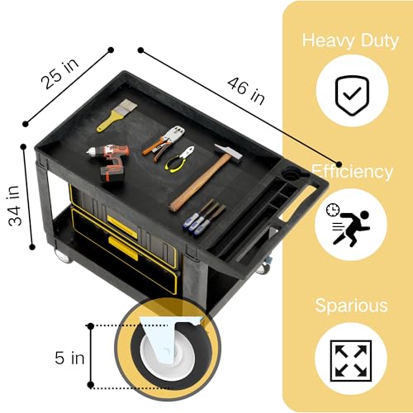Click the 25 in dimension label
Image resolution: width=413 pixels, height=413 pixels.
tap(60, 74)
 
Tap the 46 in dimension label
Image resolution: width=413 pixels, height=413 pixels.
tap(246, 91)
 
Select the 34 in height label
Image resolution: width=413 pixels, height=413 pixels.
tap(14, 206)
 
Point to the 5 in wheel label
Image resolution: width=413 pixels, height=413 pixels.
tap(69, 358)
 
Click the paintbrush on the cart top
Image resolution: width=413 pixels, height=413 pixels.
tap(116, 116)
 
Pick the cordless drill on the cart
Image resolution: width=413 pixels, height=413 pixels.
tap(110, 162)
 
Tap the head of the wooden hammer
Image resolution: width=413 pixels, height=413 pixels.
tap(228, 154)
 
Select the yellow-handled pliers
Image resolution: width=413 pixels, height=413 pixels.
tap(179, 159)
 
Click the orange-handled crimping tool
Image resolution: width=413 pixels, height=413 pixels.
tap(164, 143)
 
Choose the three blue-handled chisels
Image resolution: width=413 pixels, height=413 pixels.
tap(204, 218)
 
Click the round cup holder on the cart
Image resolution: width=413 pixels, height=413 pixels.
tap(292, 174)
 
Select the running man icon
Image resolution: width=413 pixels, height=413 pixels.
tap(348, 224)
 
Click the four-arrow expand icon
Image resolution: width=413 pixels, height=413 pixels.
tap(351, 361)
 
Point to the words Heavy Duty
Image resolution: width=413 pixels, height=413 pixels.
tap(350, 41)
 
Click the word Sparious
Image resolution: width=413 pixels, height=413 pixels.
tap(351, 306)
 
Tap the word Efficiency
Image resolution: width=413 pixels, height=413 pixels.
tap(352, 173)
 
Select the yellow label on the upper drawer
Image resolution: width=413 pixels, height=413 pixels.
tap(122, 226)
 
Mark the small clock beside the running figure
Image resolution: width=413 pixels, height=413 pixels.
tap(333, 210)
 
